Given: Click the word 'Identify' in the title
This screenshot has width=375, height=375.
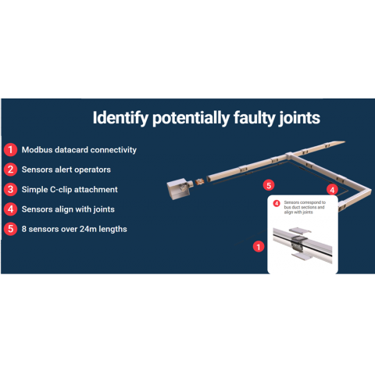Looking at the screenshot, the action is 120,118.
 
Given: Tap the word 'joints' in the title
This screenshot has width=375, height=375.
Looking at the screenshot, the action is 298,118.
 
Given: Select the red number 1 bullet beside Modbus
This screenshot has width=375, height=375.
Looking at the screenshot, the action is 10,150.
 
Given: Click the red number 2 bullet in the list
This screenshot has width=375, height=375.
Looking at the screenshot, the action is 10,170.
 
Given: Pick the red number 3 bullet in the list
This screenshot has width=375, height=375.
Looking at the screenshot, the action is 10,189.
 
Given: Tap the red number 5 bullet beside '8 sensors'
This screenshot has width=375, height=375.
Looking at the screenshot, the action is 10,229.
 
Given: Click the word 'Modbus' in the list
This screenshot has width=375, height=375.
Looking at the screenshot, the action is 37,150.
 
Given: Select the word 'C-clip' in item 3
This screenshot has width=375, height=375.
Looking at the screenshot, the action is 61,190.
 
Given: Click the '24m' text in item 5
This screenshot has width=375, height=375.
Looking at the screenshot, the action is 88,229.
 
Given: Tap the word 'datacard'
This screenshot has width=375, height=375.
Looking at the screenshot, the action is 71,150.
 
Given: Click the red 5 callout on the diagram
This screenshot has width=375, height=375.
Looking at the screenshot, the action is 269,185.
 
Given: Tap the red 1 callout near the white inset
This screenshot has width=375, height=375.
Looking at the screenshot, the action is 259,247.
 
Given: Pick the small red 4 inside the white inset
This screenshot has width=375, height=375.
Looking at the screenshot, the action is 277,203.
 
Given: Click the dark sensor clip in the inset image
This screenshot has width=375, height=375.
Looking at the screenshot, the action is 298,241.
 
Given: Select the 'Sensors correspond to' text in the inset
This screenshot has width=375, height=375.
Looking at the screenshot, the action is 305,202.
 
